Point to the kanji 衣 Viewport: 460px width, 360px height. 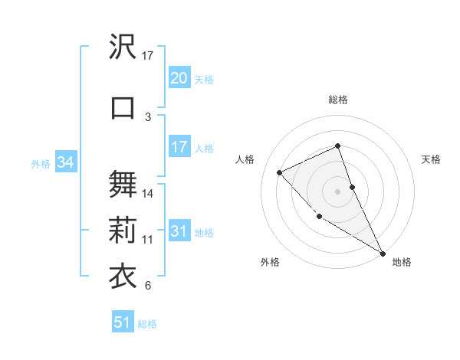pos(123,275)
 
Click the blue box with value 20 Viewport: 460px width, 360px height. pos(179,78)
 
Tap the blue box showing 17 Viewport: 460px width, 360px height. pos(179,147)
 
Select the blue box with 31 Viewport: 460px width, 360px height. pos(179,231)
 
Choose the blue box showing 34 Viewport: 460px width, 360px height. pos(65,162)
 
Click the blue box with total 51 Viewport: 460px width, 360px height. pos(122,322)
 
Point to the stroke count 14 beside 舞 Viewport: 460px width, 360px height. pos(149,194)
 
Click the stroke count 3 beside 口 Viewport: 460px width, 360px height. pos(148,116)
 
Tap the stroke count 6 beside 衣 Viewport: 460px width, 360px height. pos(148,286)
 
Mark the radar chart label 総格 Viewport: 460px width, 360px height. pos(337,100)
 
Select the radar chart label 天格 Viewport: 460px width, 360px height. pos(432,159)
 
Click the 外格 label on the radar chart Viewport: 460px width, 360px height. pos(270,262)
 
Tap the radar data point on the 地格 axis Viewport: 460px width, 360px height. pos(383,253)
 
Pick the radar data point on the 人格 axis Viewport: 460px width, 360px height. pos(280,172)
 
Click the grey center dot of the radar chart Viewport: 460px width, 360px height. pos(337,191)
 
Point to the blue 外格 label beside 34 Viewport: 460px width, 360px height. pos(41,163)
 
